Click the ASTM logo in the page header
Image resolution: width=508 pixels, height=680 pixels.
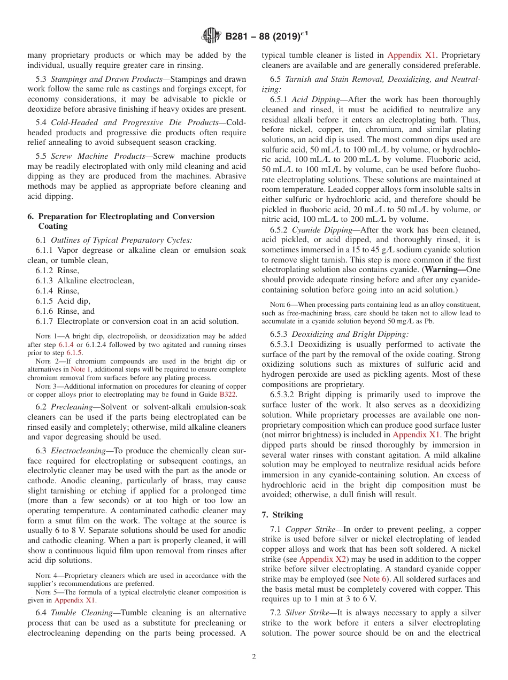[x=211, y=36]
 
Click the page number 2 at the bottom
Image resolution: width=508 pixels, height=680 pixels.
[x=254, y=656]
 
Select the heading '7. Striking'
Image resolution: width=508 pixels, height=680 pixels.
[x=282, y=515]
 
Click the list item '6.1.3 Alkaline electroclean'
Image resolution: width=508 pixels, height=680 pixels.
[x=84, y=281]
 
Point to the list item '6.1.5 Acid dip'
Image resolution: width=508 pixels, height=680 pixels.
[x=63, y=301]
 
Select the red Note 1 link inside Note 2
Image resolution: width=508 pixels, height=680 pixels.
[x=81, y=369]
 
